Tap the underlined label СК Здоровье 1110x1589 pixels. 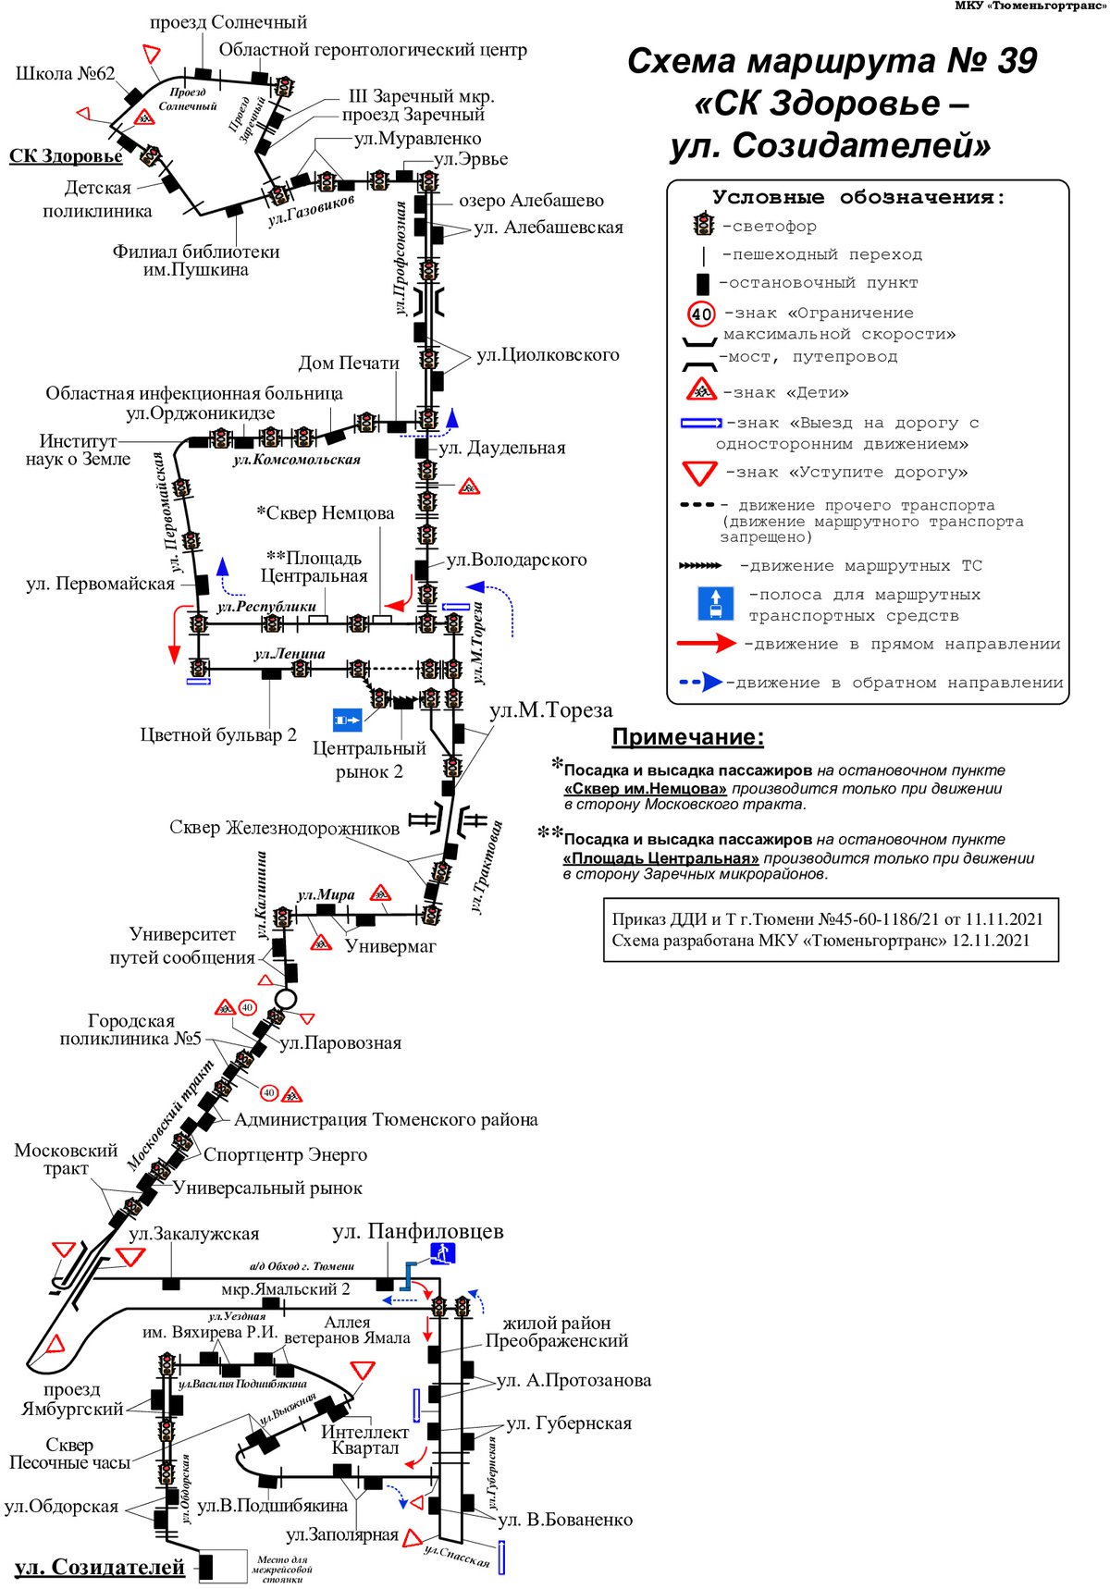66,155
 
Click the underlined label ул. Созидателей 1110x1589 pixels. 100,1567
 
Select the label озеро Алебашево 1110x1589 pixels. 531,201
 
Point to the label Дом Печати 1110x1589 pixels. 349,363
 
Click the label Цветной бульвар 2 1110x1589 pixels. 218,734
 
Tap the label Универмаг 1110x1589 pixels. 390,945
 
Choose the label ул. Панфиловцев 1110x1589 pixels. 418,1231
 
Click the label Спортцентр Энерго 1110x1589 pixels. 285,1154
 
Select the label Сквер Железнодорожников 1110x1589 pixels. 284,827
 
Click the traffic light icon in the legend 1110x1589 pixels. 704,225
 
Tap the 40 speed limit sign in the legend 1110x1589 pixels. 702,314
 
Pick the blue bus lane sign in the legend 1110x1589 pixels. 715,603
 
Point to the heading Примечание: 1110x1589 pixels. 688,737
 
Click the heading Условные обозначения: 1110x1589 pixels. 858,197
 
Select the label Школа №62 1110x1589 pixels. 66,74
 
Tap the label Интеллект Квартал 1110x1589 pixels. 364,1439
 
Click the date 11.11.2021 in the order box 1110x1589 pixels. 1004,918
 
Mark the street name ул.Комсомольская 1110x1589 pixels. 296,460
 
